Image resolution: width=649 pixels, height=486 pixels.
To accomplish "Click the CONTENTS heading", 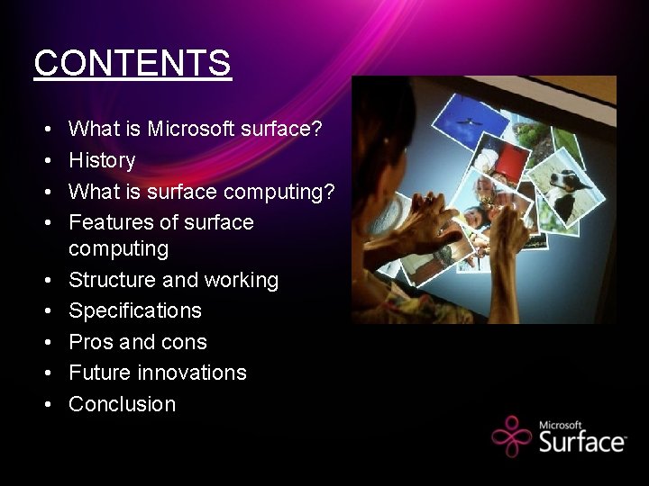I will click(133, 64).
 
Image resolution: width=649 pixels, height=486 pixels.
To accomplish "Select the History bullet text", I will click(102, 161).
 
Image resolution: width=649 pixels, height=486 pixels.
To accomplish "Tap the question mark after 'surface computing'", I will click(329, 192).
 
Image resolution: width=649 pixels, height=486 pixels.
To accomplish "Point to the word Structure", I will click(113, 280).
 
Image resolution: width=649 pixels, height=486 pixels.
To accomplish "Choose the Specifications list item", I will click(135, 311).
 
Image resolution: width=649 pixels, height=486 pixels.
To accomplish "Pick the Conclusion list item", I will click(123, 404).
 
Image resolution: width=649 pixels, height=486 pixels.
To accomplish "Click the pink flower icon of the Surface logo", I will click(512, 436).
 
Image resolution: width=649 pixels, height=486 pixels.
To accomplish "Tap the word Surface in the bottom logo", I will click(581, 441).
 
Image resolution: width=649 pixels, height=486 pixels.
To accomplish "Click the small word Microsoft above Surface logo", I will click(561, 425).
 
